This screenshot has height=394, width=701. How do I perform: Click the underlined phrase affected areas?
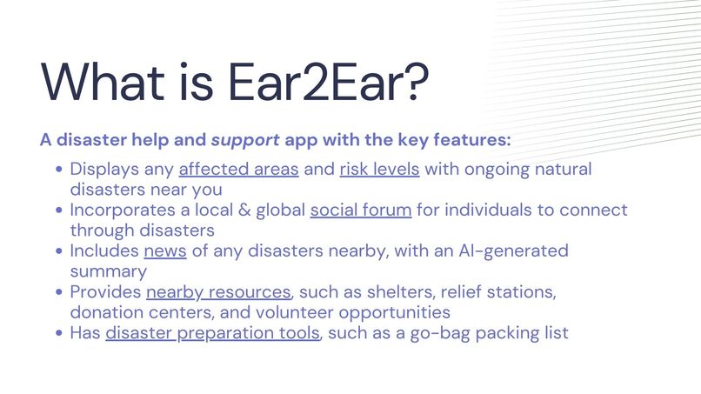coord(238,169)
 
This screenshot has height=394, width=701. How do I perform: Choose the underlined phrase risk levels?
coord(379,169)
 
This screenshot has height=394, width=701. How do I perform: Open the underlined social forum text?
coord(360,210)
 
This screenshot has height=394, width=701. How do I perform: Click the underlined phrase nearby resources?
coord(217,292)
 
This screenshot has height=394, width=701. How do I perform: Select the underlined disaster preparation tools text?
coord(212,333)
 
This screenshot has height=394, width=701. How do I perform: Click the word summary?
coord(109,271)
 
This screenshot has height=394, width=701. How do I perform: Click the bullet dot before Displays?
coord(58,170)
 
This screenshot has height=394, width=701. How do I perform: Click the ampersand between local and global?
coord(237,210)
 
